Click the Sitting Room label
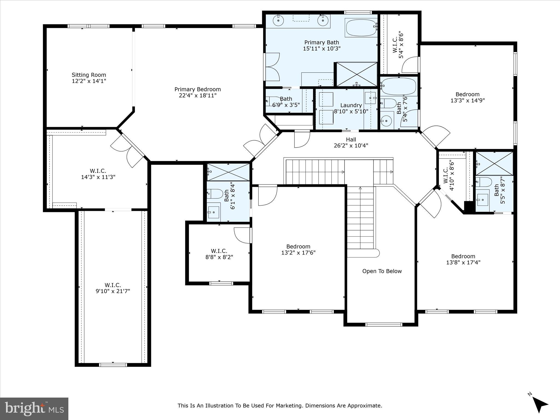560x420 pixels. [89, 75]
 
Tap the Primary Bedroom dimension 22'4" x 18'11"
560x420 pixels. [197, 95]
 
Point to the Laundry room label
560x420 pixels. [351, 105]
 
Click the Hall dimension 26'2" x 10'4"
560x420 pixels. [351, 145]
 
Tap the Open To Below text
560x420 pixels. [382, 271]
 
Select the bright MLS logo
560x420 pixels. [34, 409]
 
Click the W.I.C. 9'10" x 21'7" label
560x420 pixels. [113, 288]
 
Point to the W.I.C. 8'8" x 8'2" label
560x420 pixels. [219, 254]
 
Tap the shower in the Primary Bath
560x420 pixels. [357, 74]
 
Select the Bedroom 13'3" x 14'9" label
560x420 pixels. [467, 97]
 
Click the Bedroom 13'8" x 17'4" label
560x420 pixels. [463, 259]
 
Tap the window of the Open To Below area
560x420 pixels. [384, 325]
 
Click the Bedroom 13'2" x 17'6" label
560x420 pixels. [298, 249]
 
